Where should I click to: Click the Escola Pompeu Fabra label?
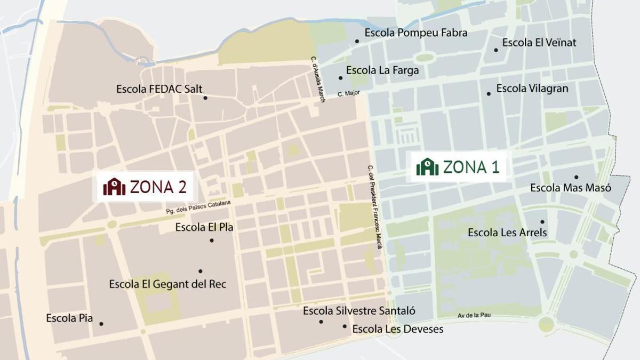coord(416,33)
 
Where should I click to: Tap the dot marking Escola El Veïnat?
coord(496,50)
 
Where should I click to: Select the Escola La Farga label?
coord(382,70)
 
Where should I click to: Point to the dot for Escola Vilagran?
coord(489,94)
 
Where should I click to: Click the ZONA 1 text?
coord(471,167)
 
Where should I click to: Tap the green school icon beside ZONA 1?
coord(427,167)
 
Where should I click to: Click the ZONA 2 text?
coord(158,187)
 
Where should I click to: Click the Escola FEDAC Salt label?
coord(159,89)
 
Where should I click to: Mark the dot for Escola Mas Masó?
coord(576,177)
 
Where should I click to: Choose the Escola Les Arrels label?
coord(507,233)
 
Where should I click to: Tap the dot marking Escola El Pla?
coord(212,241)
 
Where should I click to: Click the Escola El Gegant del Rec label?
coord(167,284)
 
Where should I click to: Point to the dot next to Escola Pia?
coord(101,324)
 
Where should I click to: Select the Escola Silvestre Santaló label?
coord(359,310)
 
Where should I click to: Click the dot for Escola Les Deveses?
coord(345,326)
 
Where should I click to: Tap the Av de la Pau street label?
coord(474,316)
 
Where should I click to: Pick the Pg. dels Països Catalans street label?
coord(198,207)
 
